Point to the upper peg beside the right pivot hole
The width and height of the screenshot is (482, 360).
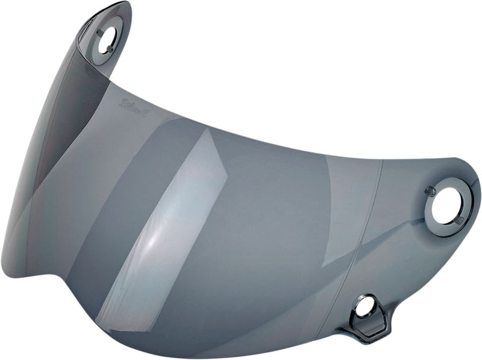click(x=430, y=191)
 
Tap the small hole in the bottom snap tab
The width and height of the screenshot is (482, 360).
click(x=363, y=307)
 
